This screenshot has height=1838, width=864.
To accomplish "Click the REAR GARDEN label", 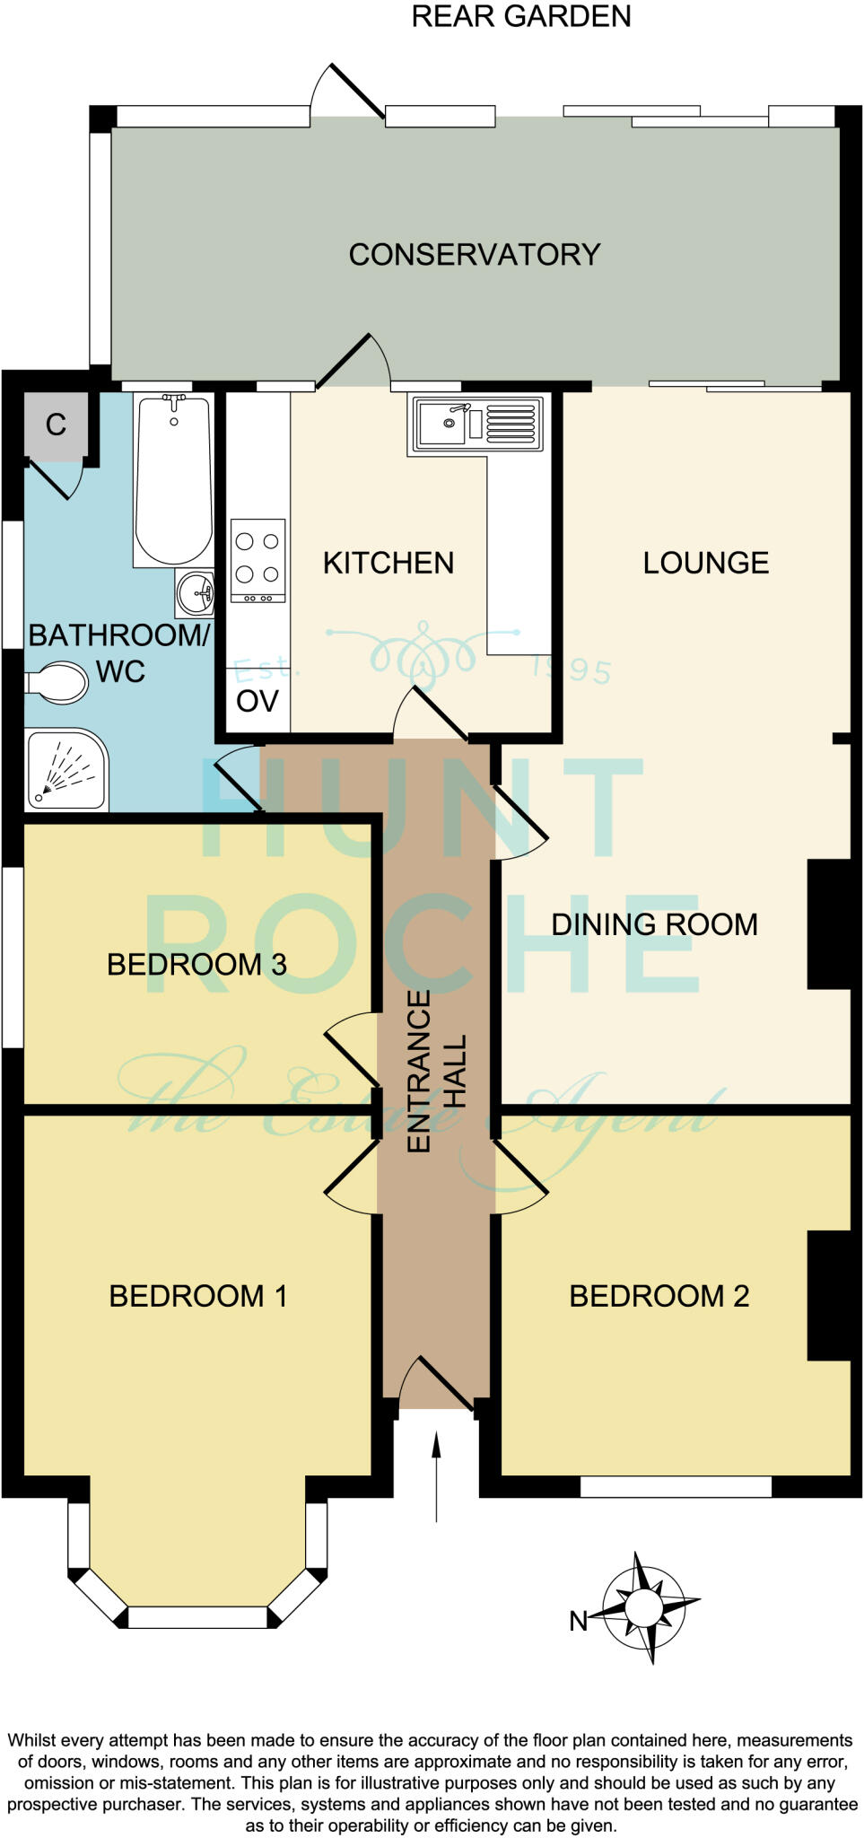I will coord(520,16).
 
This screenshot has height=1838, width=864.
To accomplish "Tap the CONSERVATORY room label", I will coord(474,255).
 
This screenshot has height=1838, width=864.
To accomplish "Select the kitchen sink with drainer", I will coord(477,423).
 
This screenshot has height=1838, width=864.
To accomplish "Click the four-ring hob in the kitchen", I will coord(258,560).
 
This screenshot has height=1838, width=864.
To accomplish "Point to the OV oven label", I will coord(257,701).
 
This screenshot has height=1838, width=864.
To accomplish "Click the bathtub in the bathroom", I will coord(173,480).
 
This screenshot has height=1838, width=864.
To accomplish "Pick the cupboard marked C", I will coord(56,425).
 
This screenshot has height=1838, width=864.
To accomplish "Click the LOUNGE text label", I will coord(705,563).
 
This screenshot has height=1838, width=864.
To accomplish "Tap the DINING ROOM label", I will coord(654,924).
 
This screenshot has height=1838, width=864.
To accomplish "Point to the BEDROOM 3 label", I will coord(196,965).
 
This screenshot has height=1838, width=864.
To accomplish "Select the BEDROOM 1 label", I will coord(197,1296).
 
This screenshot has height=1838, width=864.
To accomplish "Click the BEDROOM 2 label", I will coord(659,1296).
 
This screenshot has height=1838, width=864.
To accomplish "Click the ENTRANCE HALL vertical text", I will coord(437,1071).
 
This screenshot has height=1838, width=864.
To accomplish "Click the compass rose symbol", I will coord(644,1606).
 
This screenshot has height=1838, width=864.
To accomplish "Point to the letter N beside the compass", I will coord(579,1621).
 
